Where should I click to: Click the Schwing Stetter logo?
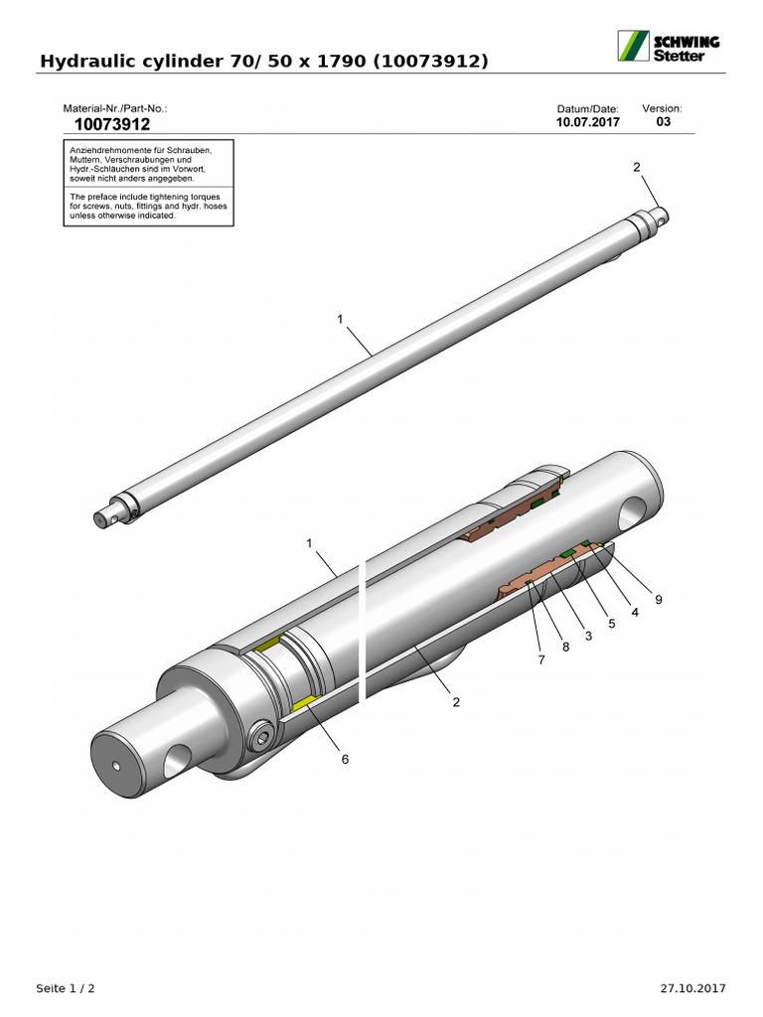click(670, 47)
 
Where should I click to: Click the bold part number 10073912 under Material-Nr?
click(112, 125)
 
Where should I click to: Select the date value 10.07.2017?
click(588, 123)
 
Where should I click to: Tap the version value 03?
click(664, 122)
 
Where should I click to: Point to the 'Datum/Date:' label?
click(588, 108)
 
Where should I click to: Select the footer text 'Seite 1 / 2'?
click(66, 988)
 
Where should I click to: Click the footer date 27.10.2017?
click(693, 988)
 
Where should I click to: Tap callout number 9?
click(658, 599)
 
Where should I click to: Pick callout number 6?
click(346, 759)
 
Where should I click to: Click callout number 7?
click(541, 659)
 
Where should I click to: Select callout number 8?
click(565, 648)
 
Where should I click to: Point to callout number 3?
click(588, 636)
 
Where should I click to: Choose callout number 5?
click(612, 624)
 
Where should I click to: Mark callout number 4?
click(635, 612)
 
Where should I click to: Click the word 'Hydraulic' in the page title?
click(84, 62)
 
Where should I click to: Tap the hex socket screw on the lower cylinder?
click(262, 736)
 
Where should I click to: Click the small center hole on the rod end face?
click(116, 766)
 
